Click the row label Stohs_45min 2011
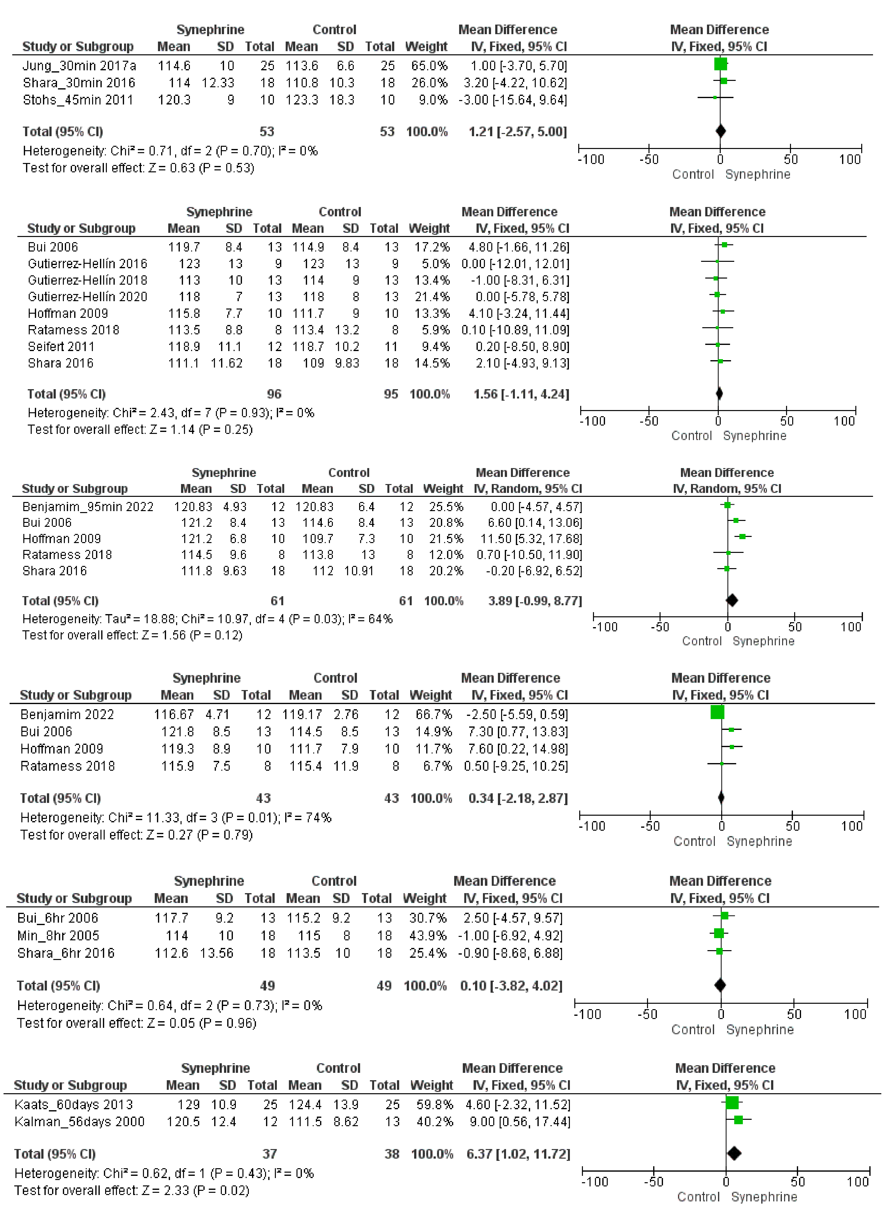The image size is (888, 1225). click(x=78, y=100)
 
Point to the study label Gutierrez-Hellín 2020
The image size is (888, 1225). click(x=87, y=296)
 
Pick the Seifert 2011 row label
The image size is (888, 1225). click(x=61, y=346)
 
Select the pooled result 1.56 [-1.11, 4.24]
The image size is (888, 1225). click(x=521, y=394)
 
